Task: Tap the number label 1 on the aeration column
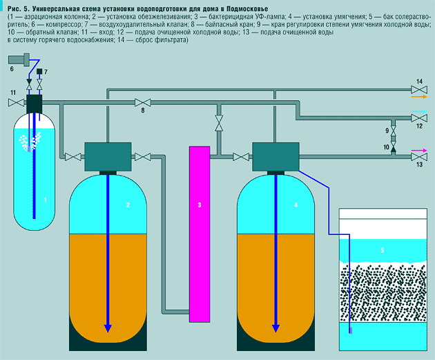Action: pyautogui.click(x=46, y=200)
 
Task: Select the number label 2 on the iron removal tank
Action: pyautogui.click(x=128, y=205)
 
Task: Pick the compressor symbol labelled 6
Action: pyautogui.click(x=21, y=63)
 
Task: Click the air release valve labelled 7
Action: pyautogui.click(x=39, y=83)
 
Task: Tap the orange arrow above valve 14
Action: pyautogui.click(x=420, y=99)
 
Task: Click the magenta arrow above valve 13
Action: pyautogui.click(x=419, y=149)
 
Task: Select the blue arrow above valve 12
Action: pyautogui.click(x=420, y=109)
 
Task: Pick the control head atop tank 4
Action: pyautogui.click(x=274, y=156)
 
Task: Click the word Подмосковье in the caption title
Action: pyautogui.click(x=242, y=8)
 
